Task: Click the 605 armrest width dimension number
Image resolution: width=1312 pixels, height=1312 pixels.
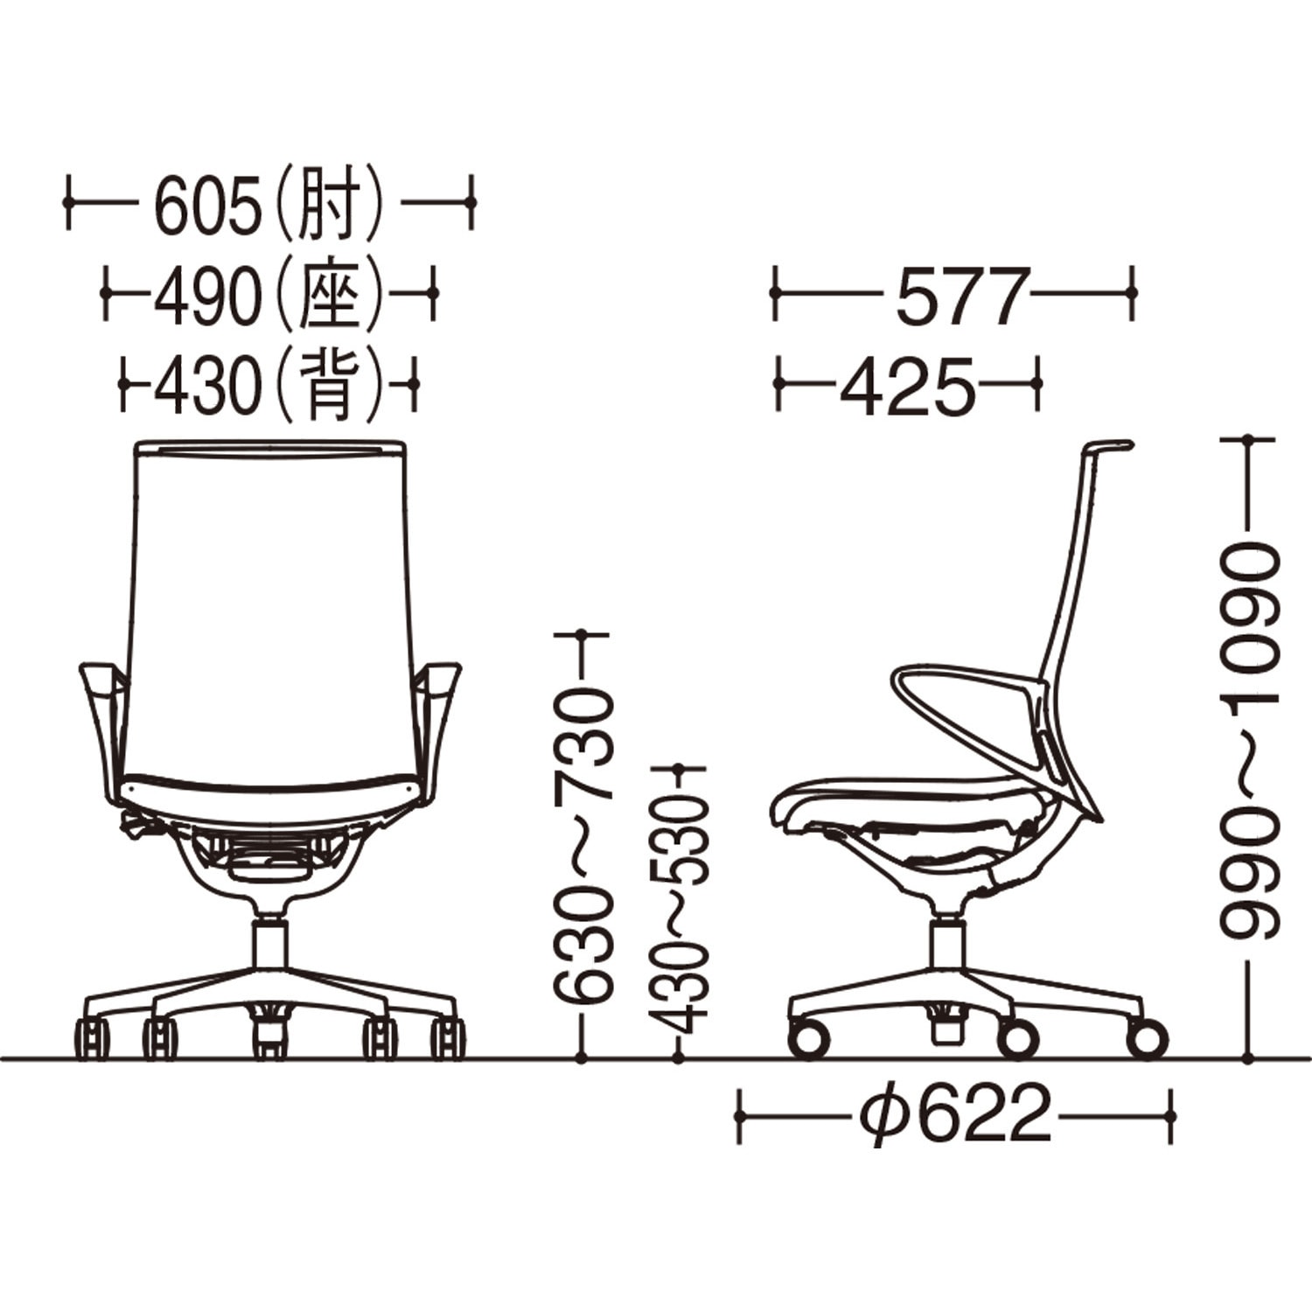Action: click(x=208, y=207)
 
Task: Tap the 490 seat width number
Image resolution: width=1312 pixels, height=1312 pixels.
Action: click(x=208, y=297)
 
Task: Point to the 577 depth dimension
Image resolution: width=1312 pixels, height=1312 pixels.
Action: click(x=960, y=297)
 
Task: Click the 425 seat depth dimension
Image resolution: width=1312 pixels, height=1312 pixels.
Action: click(x=906, y=386)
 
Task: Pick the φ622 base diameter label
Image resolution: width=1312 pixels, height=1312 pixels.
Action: click(x=955, y=1113)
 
